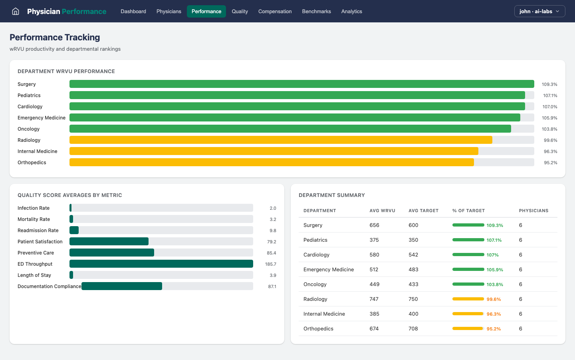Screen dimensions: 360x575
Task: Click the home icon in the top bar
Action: click(16, 11)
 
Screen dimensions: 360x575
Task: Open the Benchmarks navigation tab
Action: click(316, 11)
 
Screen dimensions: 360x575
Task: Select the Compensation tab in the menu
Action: click(275, 11)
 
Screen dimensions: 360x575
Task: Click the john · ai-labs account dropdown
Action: click(539, 11)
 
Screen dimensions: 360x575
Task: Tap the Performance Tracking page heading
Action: click(55, 37)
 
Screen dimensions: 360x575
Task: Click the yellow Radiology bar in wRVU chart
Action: click(281, 140)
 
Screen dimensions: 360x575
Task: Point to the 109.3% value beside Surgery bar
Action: click(549, 84)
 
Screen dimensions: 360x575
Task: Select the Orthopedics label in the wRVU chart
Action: click(32, 163)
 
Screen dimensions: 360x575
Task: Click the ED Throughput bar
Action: click(161, 264)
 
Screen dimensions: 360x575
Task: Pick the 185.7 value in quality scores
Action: click(270, 264)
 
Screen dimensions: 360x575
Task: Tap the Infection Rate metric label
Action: click(34, 208)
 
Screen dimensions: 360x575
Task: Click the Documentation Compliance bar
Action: click(122, 286)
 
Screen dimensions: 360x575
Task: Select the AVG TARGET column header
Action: click(423, 211)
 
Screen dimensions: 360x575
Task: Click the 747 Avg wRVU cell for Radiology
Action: click(374, 299)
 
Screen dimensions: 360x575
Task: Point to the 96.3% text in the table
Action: click(494, 314)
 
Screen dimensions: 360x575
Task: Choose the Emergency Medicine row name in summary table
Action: click(328, 270)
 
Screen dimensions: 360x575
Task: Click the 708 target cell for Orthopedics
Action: click(413, 328)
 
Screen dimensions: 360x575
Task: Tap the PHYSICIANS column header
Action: click(533, 211)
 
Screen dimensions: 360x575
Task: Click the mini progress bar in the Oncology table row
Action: click(468, 284)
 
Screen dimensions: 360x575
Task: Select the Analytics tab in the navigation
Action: click(351, 11)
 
